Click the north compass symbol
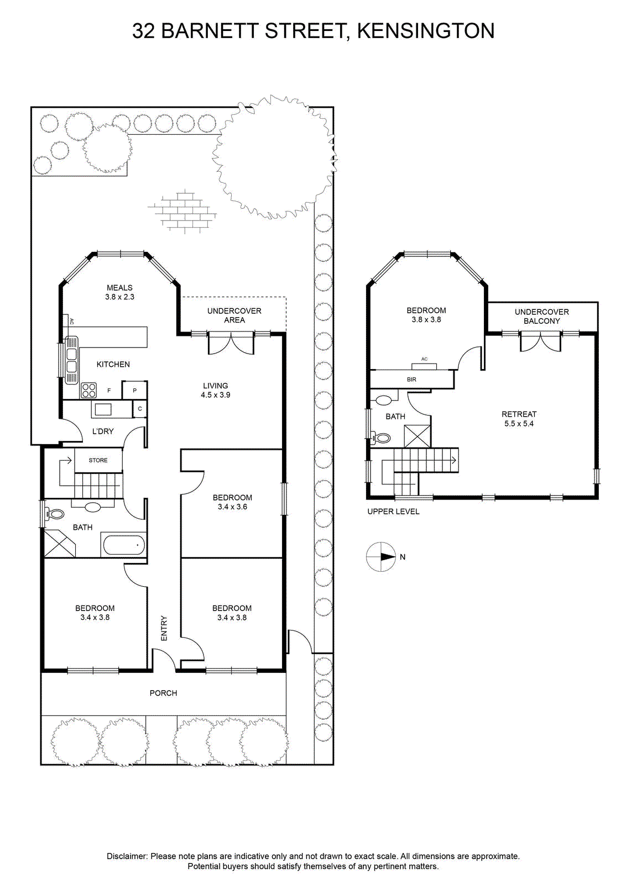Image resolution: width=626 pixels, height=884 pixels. pyautogui.click(x=380, y=557)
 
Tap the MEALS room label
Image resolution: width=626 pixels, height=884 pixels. pyautogui.click(x=119, y=288)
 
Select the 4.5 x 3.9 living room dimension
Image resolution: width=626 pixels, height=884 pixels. pyautogui.click(x=216, y=394)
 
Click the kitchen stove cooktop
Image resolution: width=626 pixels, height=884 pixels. pyautogui.click(x=88, y=390)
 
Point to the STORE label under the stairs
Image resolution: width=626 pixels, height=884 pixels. pyautogui.click(x=98, y=460)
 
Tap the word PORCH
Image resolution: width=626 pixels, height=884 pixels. pyautogui.click(x=163, y=693)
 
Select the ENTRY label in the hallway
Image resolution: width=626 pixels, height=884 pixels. pyautogui.click(x=164, y=628)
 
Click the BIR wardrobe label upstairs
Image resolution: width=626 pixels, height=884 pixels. pyautogui.click(x=411, y=380)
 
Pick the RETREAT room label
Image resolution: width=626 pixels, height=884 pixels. pyautogui.click(x=519, y=414)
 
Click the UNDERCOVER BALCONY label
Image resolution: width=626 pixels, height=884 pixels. pyautogui.click(x=542, y=317)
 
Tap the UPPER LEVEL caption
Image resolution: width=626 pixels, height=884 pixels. pyautogui.click(x=393, y=512)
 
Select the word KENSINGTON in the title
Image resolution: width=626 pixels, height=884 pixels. pyautogui.click(x=426, y=31)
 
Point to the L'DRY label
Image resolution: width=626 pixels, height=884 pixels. pyautogui.click(x=103, y=432)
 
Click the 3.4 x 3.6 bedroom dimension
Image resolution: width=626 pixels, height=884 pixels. pyautogui.click(x=232, y=507)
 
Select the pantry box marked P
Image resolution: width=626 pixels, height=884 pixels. pyautogui.click(x=134, y=390)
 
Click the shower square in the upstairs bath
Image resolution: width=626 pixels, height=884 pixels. pyautogui.click(x=417, y=436)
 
